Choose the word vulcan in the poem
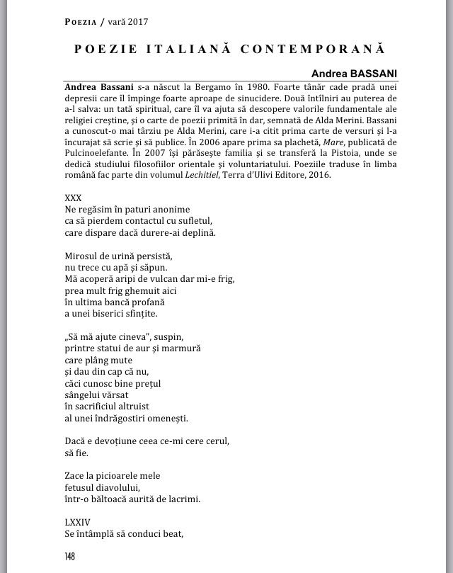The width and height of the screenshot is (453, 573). (157, 278)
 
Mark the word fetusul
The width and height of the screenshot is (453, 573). (80, 487)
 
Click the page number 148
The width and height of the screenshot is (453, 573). (69, 556)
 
